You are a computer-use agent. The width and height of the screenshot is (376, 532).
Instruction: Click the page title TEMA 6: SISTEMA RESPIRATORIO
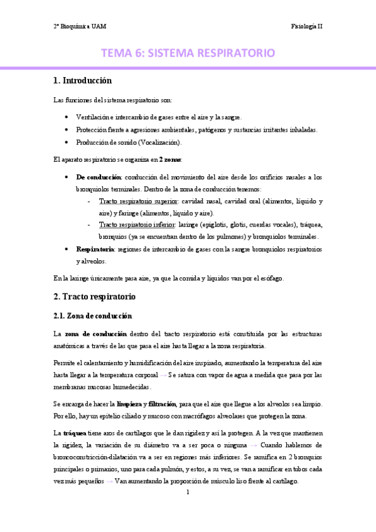pos(188,53)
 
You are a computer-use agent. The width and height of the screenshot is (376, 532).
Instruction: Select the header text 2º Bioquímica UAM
pos(79,26)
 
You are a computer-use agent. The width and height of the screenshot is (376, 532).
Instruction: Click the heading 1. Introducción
pos(82,80)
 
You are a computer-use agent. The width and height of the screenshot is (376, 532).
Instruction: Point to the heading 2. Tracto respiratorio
pos(95,295)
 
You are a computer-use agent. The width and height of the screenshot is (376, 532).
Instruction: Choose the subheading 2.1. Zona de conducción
pos(92,315)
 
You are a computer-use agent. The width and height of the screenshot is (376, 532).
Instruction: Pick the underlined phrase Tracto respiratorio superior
pos(138,201)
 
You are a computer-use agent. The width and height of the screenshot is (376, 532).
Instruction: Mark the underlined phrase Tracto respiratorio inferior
pos(137,225)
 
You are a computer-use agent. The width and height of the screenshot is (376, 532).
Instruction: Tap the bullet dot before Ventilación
pos(67,117)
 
